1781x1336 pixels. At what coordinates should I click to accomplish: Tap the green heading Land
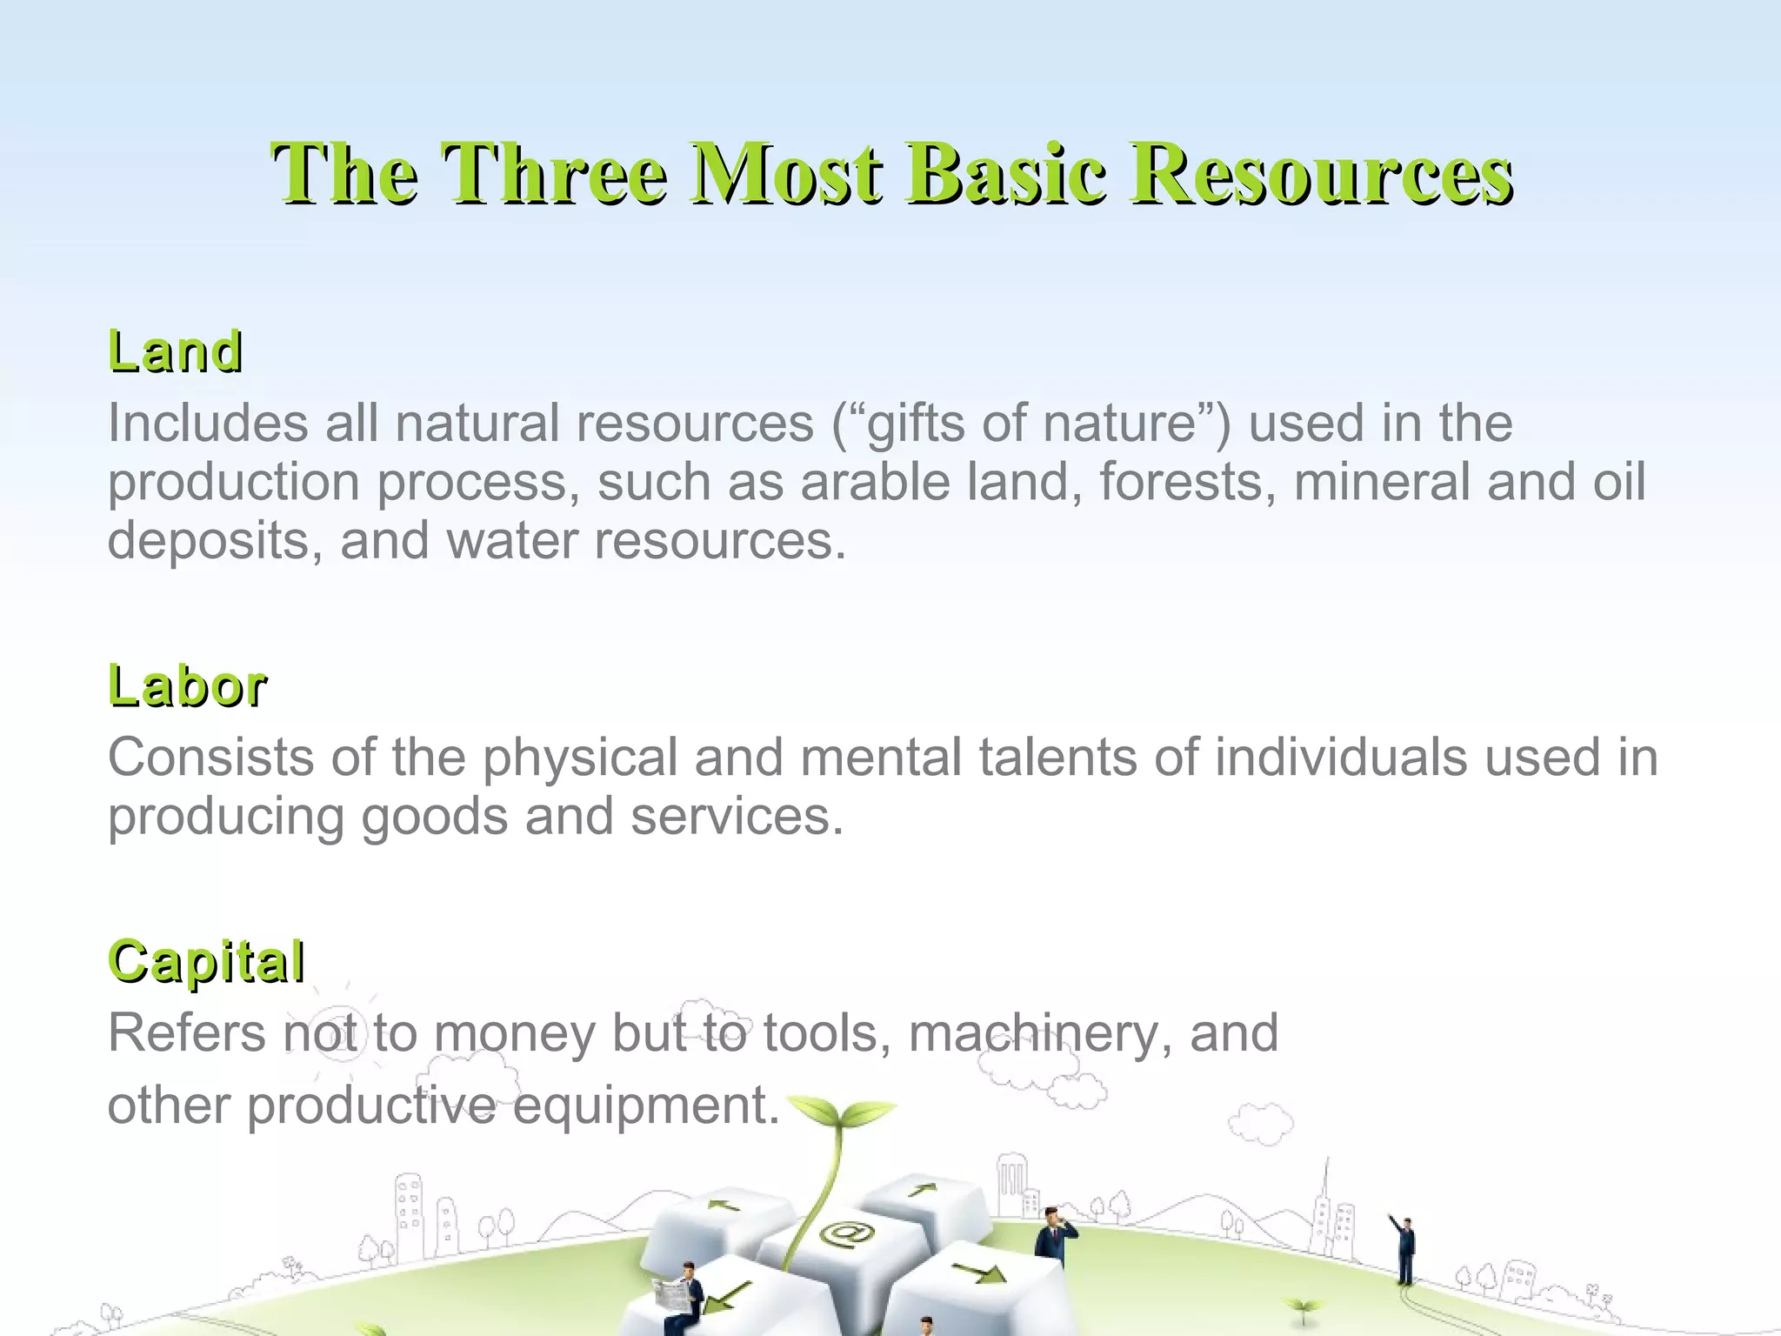pyautogui.click(x=175, y=351)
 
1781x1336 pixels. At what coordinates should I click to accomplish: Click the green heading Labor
pyautogui.click(x=187, y=686)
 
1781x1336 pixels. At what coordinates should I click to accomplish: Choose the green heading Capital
pyautogui.click(x=206, y=961)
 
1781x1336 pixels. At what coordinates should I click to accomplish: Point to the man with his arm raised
pyautogui.click(x=1404, y=1248)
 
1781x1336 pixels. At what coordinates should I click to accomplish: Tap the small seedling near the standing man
pyautogui.click(x=1302, y=1307)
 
